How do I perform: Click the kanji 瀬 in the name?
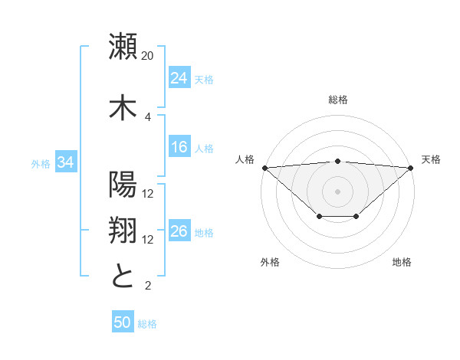click(123, 47)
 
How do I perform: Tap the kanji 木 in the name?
click(123, 108)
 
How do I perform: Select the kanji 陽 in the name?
click(123, 185)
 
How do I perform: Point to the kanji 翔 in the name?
click(123, 231)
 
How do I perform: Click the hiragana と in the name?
click(123, 277)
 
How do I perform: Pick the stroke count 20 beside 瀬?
click(148, 56)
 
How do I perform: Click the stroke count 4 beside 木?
click(148, 116)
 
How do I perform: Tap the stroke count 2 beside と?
click(148, 286)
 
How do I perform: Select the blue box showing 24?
click(179, 78)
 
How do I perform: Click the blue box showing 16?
click(179, 147)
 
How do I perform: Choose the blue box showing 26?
click(179, 231)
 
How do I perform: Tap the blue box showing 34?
click(66, 162)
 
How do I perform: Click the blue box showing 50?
click(123, 322)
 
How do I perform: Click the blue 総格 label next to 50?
click(147, 324)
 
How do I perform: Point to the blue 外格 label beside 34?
click(41, 163)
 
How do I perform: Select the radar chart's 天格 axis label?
click(431, 159)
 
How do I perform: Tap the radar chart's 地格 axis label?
click(402, 262)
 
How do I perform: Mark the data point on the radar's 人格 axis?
click(264, 168)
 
